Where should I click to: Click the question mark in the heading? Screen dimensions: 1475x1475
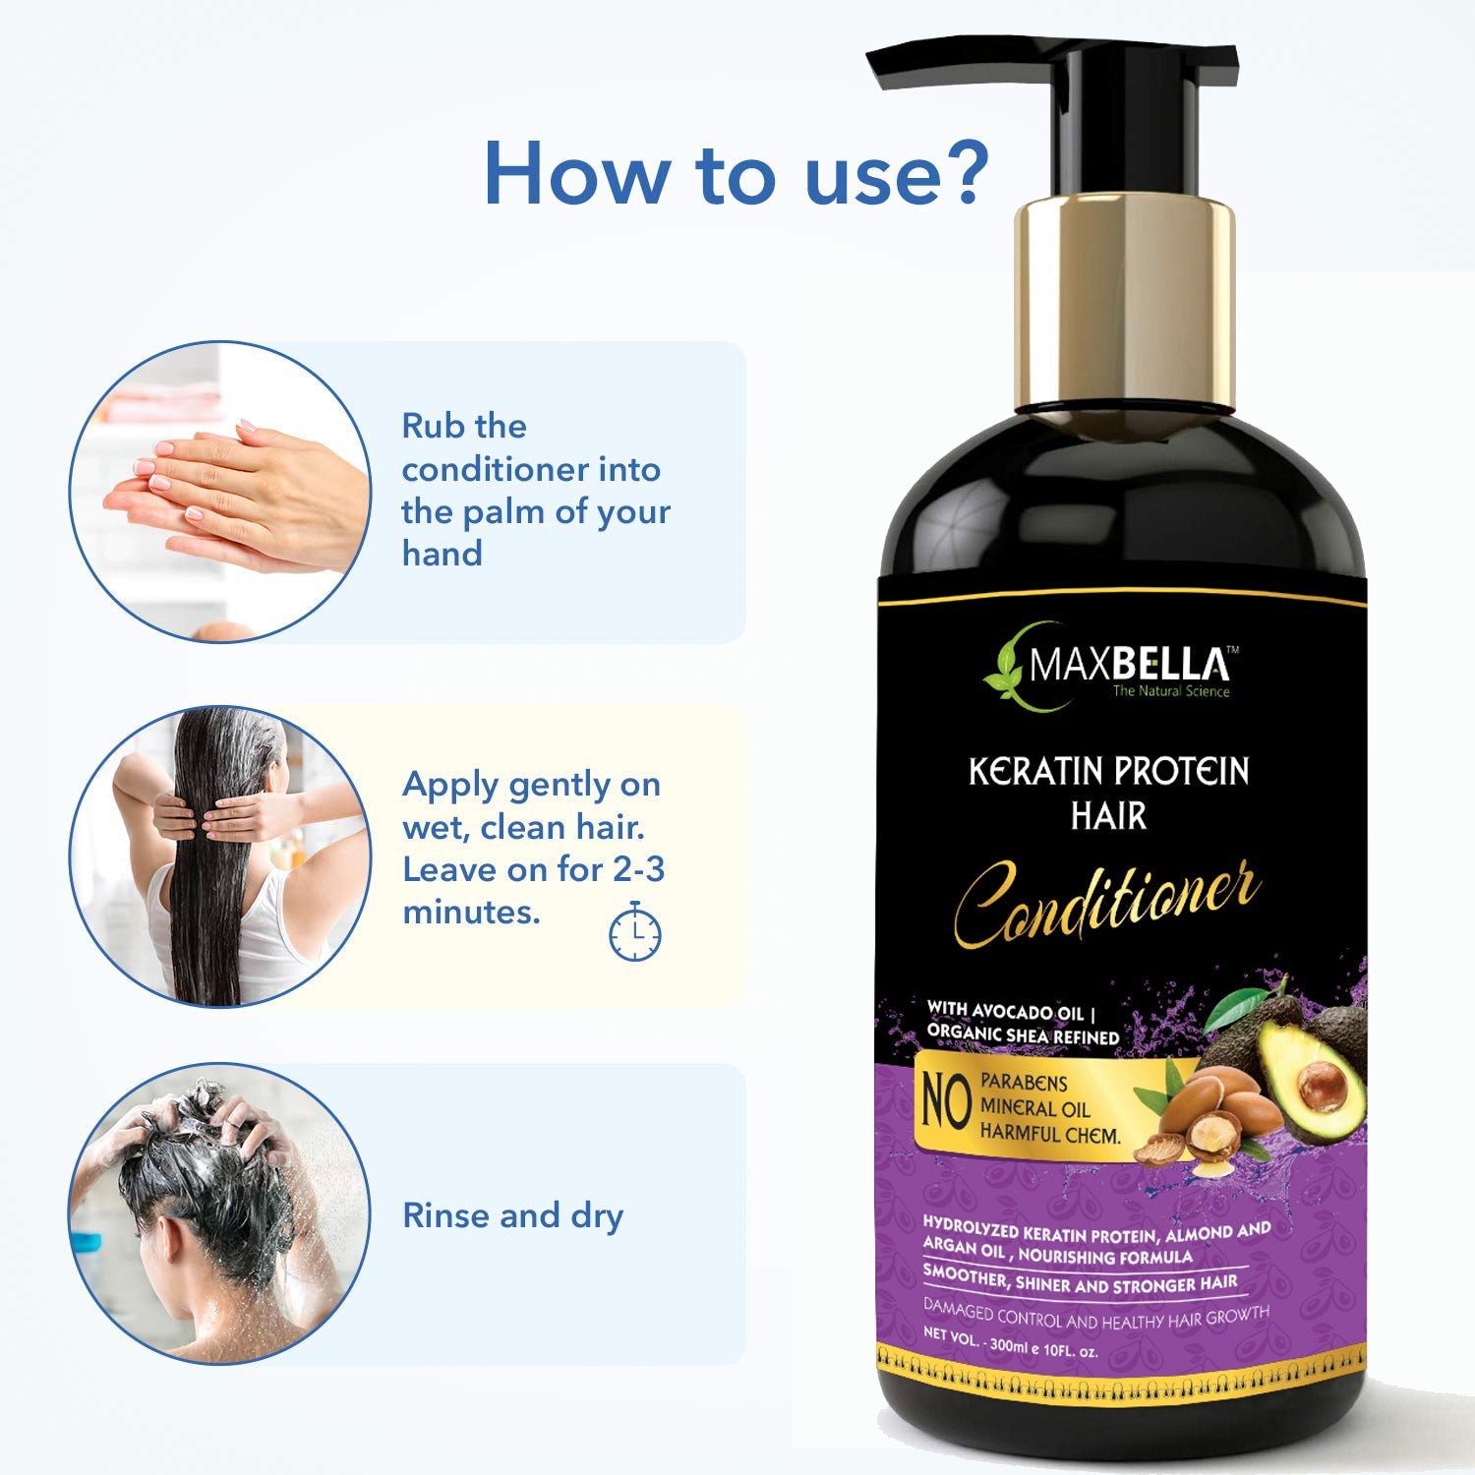pyautogui.click(x=956, y=171)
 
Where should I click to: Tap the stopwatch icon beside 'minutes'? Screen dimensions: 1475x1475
pyautogui.click(x=635, y=931)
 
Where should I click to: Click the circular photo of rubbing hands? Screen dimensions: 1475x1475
pyautogui.click(x=220, y=492)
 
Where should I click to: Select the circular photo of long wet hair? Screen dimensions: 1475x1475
pyautogui.click(x=220, y=855)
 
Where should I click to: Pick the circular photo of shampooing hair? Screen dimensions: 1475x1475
pyautogui.click(x=220, y=1213)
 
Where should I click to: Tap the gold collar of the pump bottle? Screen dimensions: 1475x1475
pyautogui.click(x=1124, y=300)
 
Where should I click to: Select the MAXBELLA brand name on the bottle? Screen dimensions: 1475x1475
pyautogui.click(x=1129, y=666)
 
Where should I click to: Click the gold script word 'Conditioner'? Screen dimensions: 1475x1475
pyautogui.click(x=1107, y=900)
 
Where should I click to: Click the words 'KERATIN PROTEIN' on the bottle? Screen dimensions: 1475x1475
pyautogui.click(x=1108, y=771)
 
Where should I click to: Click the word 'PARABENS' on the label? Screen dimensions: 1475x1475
pyautogui.click(x=1024, y=1082)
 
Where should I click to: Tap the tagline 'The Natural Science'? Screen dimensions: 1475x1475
pyautogui.click(x=1170, y=691)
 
